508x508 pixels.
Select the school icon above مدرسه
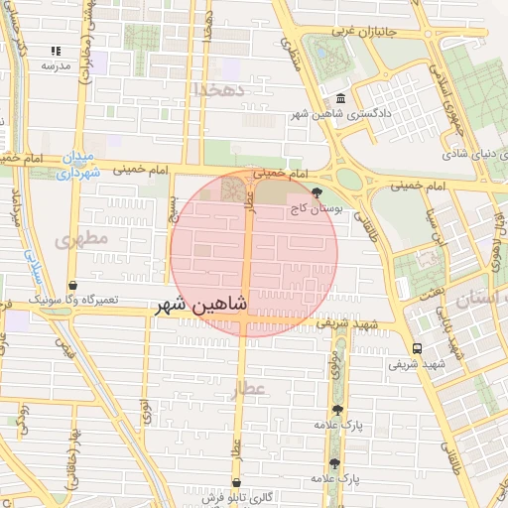point(56,50)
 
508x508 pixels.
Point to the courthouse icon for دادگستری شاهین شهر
point(341,99)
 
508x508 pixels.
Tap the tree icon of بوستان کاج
point(317,192)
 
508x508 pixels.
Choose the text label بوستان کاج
point(315,209)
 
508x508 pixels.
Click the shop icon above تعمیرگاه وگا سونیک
point(72,286)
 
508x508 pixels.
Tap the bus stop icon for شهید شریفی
point(416,348)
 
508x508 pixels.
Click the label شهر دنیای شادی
point(467,154)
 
